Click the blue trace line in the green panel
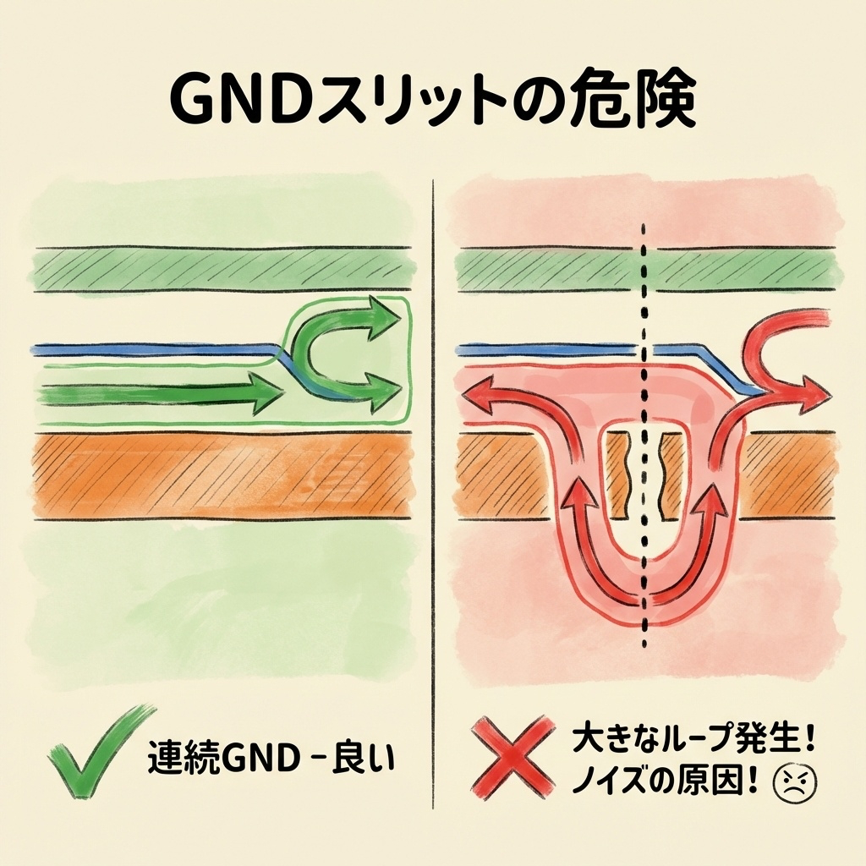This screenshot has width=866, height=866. (152, 348)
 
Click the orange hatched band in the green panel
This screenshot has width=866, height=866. (220, 475)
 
